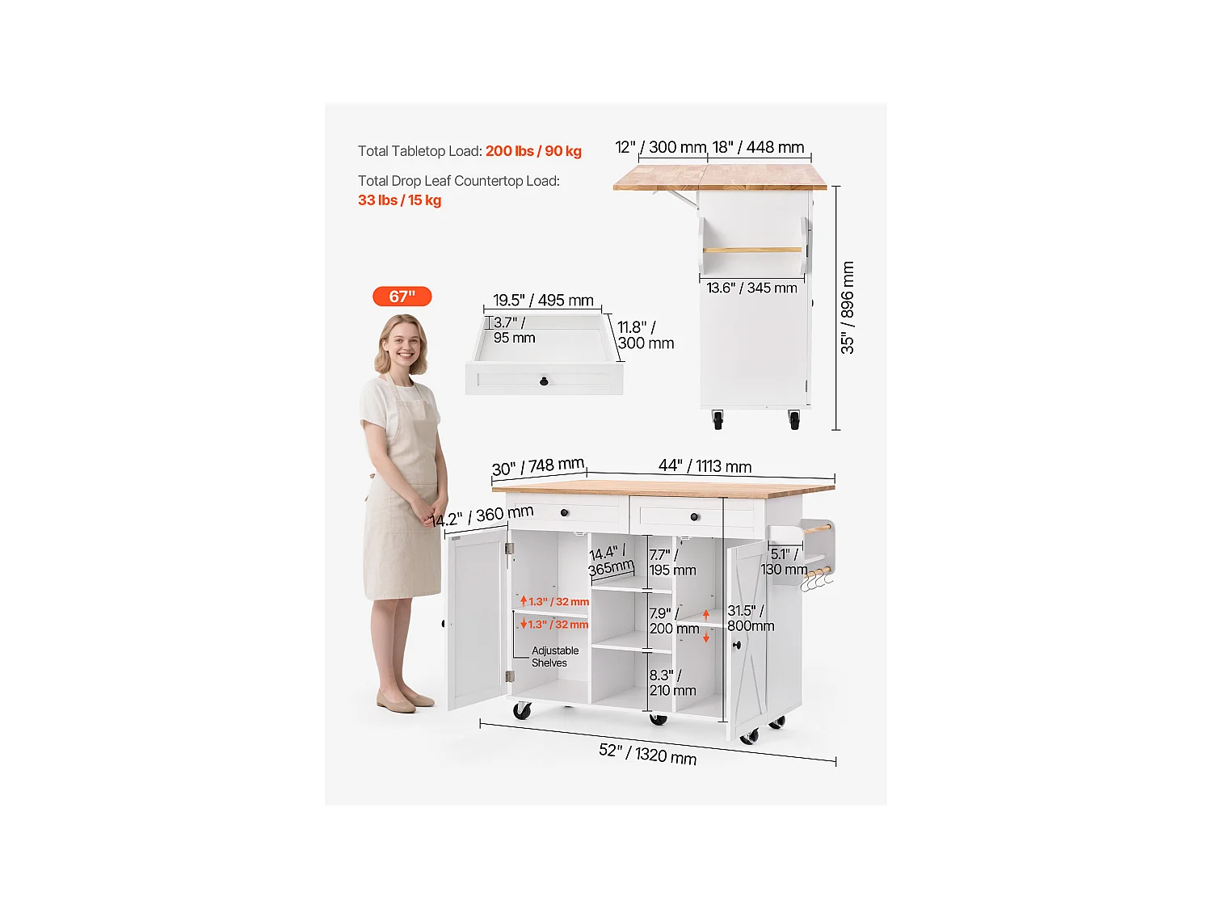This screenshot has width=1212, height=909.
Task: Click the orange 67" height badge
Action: (402, 297)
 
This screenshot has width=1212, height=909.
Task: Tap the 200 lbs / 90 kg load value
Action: (533, 151)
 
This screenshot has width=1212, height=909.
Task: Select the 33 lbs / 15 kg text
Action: (399, 200)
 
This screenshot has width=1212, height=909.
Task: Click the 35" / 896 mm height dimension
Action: (847, 307)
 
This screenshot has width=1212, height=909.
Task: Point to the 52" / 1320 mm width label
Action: (648, 754)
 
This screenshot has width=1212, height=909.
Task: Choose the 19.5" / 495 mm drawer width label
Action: (543, 301)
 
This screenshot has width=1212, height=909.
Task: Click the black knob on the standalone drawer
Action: (544, 381)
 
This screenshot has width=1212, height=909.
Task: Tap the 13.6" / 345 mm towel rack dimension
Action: (751, 288)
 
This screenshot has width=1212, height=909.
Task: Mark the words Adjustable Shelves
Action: (555, 657)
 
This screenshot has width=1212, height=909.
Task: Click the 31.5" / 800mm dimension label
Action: (751, 618)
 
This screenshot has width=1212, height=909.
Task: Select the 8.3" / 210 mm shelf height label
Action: (672, 683)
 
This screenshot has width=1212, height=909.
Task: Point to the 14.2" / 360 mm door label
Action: (482, 516)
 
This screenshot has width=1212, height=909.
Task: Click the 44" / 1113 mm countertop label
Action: (705, 466)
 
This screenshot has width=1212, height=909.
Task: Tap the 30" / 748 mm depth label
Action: (538, 467)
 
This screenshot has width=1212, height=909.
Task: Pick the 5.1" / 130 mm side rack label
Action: (784, 562)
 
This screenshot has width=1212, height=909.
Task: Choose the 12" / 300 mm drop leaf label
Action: (660, 147)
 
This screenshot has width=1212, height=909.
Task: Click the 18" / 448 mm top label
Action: (758, 147)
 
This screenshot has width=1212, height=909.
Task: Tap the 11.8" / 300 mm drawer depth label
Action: (646, 335)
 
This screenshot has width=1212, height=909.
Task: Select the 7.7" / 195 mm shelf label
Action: (672, 562)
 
